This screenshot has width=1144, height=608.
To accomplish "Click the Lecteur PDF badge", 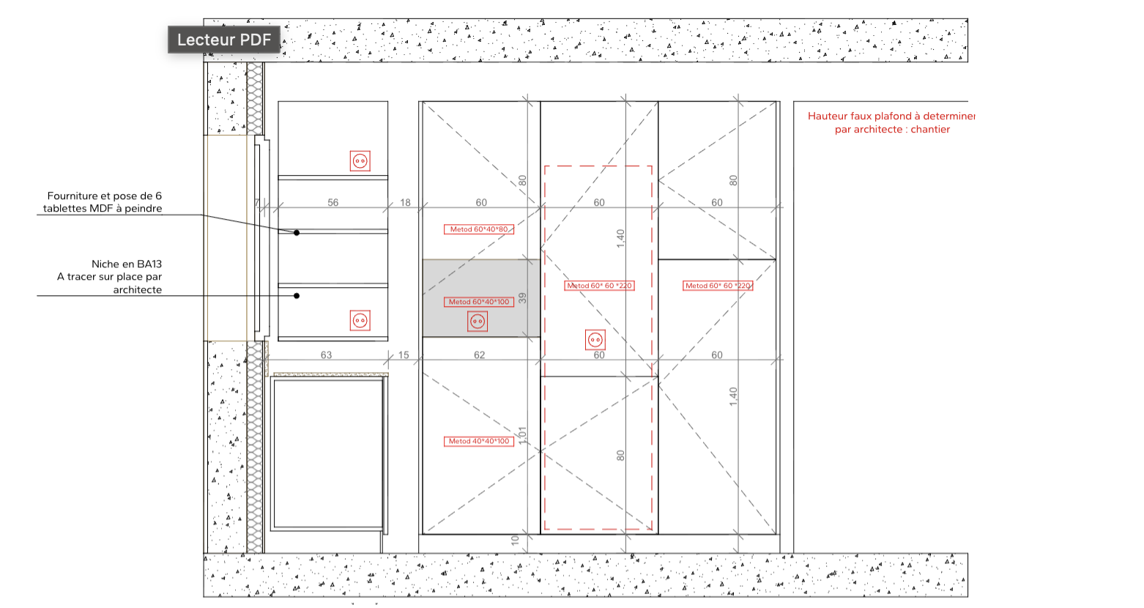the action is [223, 40].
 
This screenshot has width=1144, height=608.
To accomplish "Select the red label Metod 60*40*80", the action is [479, 229].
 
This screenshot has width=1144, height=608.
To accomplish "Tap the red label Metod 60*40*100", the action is [479, 302].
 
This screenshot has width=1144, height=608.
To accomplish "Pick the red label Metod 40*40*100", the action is [479, 441].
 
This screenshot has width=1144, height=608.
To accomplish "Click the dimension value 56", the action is [333, 202].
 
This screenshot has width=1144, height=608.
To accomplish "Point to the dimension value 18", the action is [405, 202].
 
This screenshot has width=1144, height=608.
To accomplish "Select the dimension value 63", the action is [327, 355].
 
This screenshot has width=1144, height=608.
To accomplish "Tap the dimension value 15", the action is [404, 355].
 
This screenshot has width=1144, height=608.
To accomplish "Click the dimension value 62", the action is [479, 355].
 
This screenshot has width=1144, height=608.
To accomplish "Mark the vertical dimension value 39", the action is [522, 298].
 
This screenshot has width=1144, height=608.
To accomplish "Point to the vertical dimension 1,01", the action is [522, 435].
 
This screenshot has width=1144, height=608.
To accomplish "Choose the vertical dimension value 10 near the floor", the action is [515, 540].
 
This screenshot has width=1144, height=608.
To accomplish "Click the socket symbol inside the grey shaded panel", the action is [478, 322].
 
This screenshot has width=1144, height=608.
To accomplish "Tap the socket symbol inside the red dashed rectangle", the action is [595, 340].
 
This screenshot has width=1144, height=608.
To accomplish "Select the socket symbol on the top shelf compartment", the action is [360, 161].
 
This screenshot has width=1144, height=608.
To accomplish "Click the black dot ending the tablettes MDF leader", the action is [296, 232].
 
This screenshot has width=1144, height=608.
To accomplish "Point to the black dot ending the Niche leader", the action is [296, 296].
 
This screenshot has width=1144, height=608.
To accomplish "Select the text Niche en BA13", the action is [127, 264].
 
